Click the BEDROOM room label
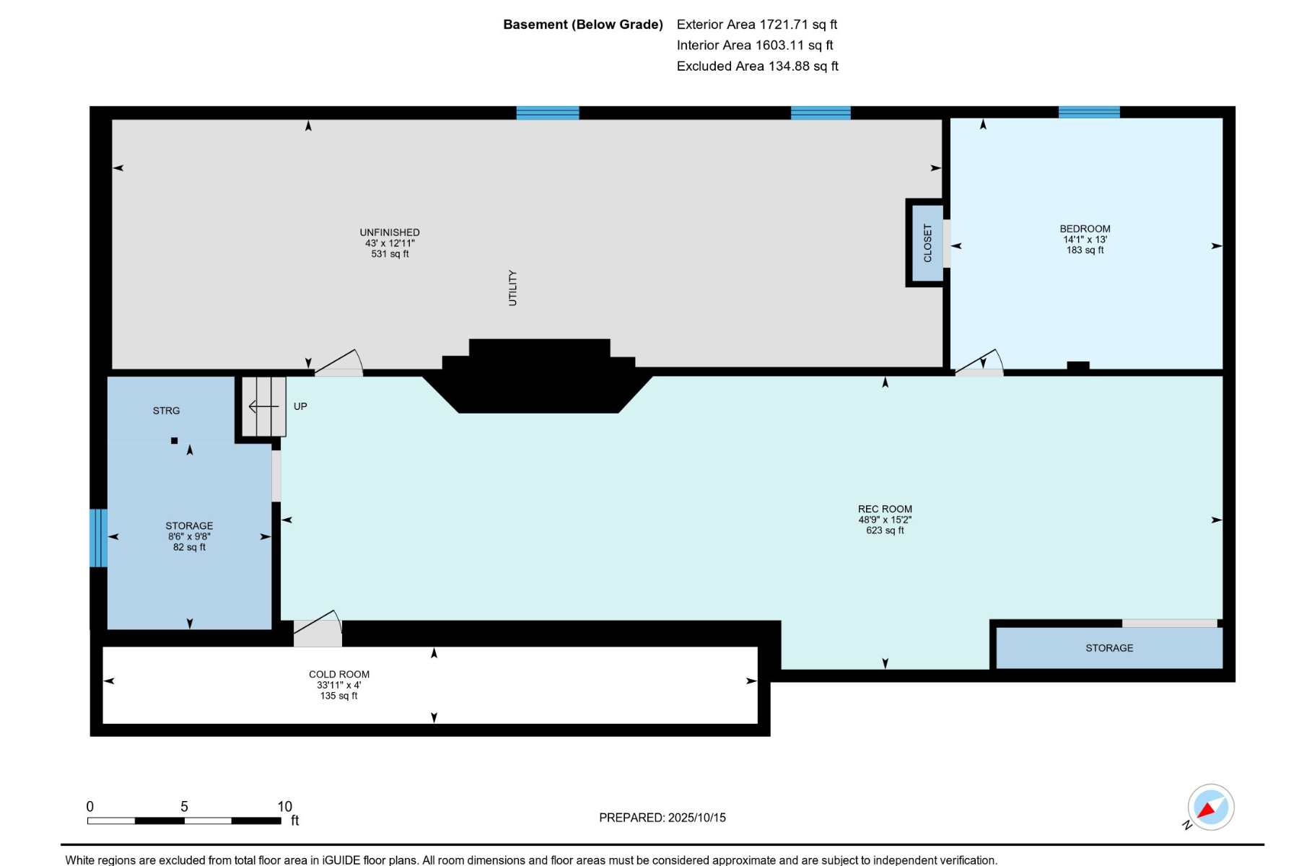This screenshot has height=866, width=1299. tap(1085, 229)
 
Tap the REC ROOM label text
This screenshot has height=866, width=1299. tap(885, 509)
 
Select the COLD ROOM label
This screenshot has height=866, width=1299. tap(339, 674)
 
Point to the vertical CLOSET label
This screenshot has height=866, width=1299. tap(927, 242)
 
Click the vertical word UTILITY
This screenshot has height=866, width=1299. tap(512, 288)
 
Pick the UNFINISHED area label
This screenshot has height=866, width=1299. tap(390, 232)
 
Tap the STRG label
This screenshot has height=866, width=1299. tap(166, 411)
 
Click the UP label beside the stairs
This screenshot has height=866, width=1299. tap(300, 406)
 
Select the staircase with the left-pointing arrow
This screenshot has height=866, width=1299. tap(263, 406)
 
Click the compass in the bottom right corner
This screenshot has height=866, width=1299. tap(1211, 807)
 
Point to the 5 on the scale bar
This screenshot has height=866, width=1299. tap(184, 806)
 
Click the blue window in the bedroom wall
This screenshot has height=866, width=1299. tap(1089, 112)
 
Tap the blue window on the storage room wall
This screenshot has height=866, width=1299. tap(98, 538)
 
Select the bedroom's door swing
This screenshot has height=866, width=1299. tap(979, 362)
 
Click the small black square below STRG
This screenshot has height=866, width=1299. tap(174, 440)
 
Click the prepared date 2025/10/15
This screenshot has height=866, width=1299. tap(697, 818)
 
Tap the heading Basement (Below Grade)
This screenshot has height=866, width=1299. tap(583, 25)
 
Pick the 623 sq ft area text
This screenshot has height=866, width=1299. tap(885, 530)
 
